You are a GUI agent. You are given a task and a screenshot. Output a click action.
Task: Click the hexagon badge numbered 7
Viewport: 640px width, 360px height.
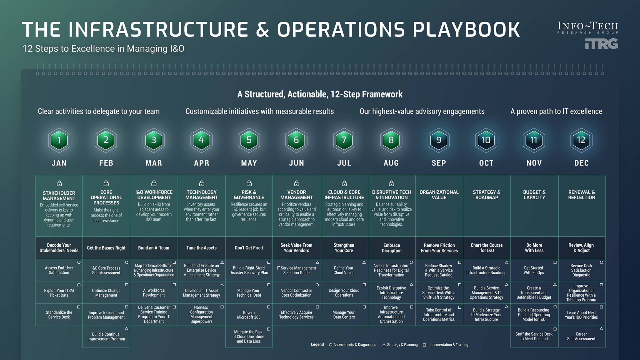(x=344, y=140)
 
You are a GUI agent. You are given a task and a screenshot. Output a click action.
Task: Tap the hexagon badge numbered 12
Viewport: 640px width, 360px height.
(x=581, y=140)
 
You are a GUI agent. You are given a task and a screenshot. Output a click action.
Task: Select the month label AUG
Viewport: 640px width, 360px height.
(x=391, y=163)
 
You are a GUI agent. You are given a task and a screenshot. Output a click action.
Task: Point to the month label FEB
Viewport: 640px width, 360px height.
(x=106, y=163)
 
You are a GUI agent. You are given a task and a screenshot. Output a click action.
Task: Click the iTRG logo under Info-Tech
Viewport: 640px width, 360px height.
(x=601, y=44)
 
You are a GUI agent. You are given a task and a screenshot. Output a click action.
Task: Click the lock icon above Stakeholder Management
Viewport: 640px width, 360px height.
(x=59, y=183)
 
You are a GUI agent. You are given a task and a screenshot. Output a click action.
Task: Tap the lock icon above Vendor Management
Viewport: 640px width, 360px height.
(x=296, y=183)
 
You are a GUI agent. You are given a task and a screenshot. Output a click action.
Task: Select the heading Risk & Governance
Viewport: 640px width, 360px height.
(x=249, y=195)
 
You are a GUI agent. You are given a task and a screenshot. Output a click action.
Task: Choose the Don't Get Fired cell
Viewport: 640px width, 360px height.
(x=249, y=248)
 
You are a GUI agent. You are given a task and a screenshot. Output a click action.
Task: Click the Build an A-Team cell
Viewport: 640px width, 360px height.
(x=154, y=248)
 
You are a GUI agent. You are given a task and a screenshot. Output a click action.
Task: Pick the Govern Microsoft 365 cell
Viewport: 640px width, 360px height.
(x=249, y=315)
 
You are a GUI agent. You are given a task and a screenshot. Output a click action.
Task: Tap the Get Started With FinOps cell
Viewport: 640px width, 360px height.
(x=534, y=270)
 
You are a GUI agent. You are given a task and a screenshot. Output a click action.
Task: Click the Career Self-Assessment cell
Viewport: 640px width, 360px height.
(x=581, y=336)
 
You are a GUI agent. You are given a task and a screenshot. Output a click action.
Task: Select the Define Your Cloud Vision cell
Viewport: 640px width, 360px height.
(x=344, y=270)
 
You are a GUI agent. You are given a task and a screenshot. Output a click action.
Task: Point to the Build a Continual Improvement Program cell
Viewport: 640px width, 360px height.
(x=106, y=336)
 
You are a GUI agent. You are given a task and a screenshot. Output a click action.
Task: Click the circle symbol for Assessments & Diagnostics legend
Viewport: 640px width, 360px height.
(x=331, y=345)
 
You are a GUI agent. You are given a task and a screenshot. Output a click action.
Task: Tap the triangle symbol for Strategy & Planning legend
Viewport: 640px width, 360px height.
(x=384, y=345)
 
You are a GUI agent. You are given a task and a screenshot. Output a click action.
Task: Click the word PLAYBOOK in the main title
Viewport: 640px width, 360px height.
(x=466, y=29)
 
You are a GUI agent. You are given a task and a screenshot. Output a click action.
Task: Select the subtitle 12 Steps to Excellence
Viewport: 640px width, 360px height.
(x=103, y=49)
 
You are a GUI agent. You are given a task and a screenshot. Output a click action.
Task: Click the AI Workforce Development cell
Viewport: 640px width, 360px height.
(x=154, y=292)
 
